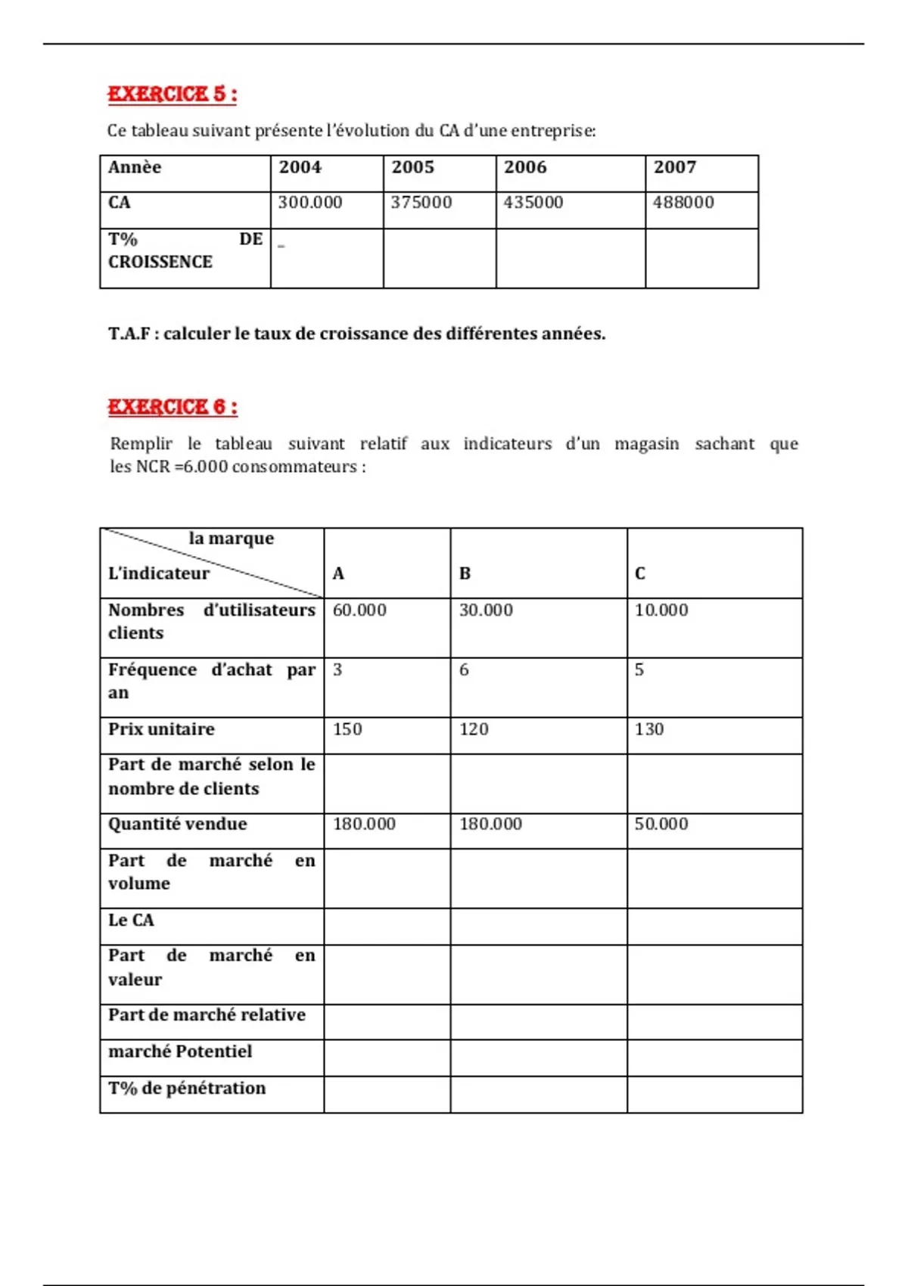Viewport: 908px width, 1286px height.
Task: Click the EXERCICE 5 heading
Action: tap(172, 95)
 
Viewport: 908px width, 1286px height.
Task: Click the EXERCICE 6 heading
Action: tap(172, 407)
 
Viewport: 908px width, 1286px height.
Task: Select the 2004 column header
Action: tap(300, 167)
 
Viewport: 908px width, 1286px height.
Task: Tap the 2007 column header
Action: tap(674, 167)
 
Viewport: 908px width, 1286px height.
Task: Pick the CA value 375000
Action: tap(421, 203)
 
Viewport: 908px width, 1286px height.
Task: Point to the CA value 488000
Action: tap(683, 203)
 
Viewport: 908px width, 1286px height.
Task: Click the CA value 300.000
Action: tap(309, 203)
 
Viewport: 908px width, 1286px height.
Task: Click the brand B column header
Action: tap(465, 573)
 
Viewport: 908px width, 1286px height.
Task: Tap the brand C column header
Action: tap(640, 573)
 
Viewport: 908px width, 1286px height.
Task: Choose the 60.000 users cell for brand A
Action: tap(359, 610)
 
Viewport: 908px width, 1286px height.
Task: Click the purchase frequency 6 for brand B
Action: tap(464, 670)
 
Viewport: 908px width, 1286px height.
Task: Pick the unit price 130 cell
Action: tap(649, 729)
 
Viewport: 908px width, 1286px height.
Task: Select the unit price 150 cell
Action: tap(347, 729)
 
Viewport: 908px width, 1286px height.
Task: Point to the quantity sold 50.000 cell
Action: tap(661, 824)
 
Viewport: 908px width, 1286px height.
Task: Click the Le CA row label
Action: tap(131, 920)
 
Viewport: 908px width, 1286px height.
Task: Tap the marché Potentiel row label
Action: tap(180, 1051)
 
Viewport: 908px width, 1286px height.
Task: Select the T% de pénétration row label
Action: tap(187, 1088)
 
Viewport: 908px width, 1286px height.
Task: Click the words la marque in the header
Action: tap(231, 539)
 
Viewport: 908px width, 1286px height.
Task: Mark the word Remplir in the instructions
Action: tap(141, 444)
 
